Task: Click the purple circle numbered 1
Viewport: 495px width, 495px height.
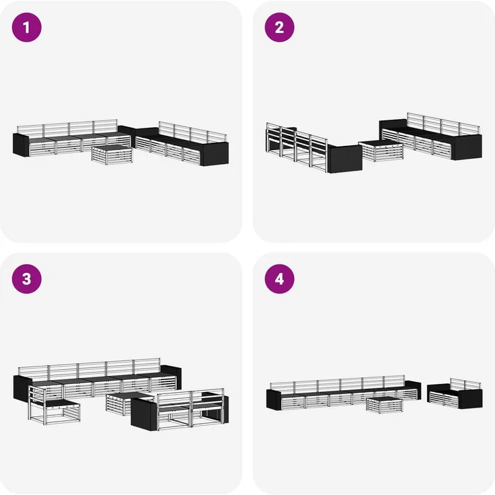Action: click(x=26, y=28)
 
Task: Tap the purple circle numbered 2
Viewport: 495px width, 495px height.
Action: click(x=279, y=28)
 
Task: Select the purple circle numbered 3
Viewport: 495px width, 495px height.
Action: click(x=26, y=279)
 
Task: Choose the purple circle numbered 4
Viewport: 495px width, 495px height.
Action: click(x=279, y=279)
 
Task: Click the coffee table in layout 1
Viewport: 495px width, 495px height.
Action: click(x=112, y=155)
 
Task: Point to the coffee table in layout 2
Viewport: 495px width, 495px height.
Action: click(x=381, y=151)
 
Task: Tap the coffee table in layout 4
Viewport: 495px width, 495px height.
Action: click(x=385, y=406)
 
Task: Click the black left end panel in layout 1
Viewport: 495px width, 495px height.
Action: click(x=21, y=145)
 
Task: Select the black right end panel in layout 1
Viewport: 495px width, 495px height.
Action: click(x=215, y=154)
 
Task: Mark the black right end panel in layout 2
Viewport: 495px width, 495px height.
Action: click(x=467, y=147)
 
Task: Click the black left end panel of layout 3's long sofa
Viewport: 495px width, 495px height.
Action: click(x=22, y=388)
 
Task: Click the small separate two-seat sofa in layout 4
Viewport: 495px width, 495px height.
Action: click(x=455, y=393)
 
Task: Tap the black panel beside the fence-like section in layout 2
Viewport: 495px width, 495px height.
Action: click(x=345, y=159)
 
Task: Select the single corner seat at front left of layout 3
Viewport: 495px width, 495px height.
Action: click(x=54, y=406)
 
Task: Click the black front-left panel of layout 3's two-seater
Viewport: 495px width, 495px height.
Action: click(x=144, y=414)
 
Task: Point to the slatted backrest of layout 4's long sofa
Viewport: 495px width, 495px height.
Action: click(x=337, y=383)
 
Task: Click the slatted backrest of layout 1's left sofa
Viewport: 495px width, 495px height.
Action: click(x=67, y=128)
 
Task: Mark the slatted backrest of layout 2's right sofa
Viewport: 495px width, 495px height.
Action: click(x=443, y=124)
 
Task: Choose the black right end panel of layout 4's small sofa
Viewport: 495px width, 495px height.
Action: click(x=470, y=399)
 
